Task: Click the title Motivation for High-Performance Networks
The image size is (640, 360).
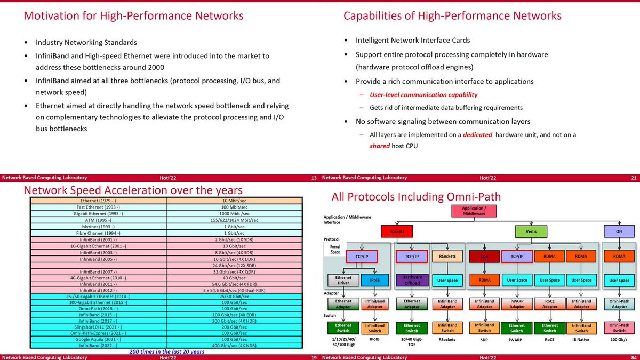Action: [x=133, y=16]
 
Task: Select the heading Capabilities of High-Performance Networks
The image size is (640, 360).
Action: [x=452, y=16]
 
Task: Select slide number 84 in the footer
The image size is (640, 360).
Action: [x=633, y=178]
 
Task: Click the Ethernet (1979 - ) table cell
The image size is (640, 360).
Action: [x=99, y=200]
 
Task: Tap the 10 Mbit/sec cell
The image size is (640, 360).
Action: [x=235, y=200]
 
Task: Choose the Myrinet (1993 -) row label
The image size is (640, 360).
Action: [x=99, y=227]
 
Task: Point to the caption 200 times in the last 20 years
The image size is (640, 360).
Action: [x=167, y=353]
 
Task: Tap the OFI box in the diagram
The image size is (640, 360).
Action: [x=619, y=231]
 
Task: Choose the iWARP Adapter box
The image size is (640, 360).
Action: [x=517, y=303]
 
